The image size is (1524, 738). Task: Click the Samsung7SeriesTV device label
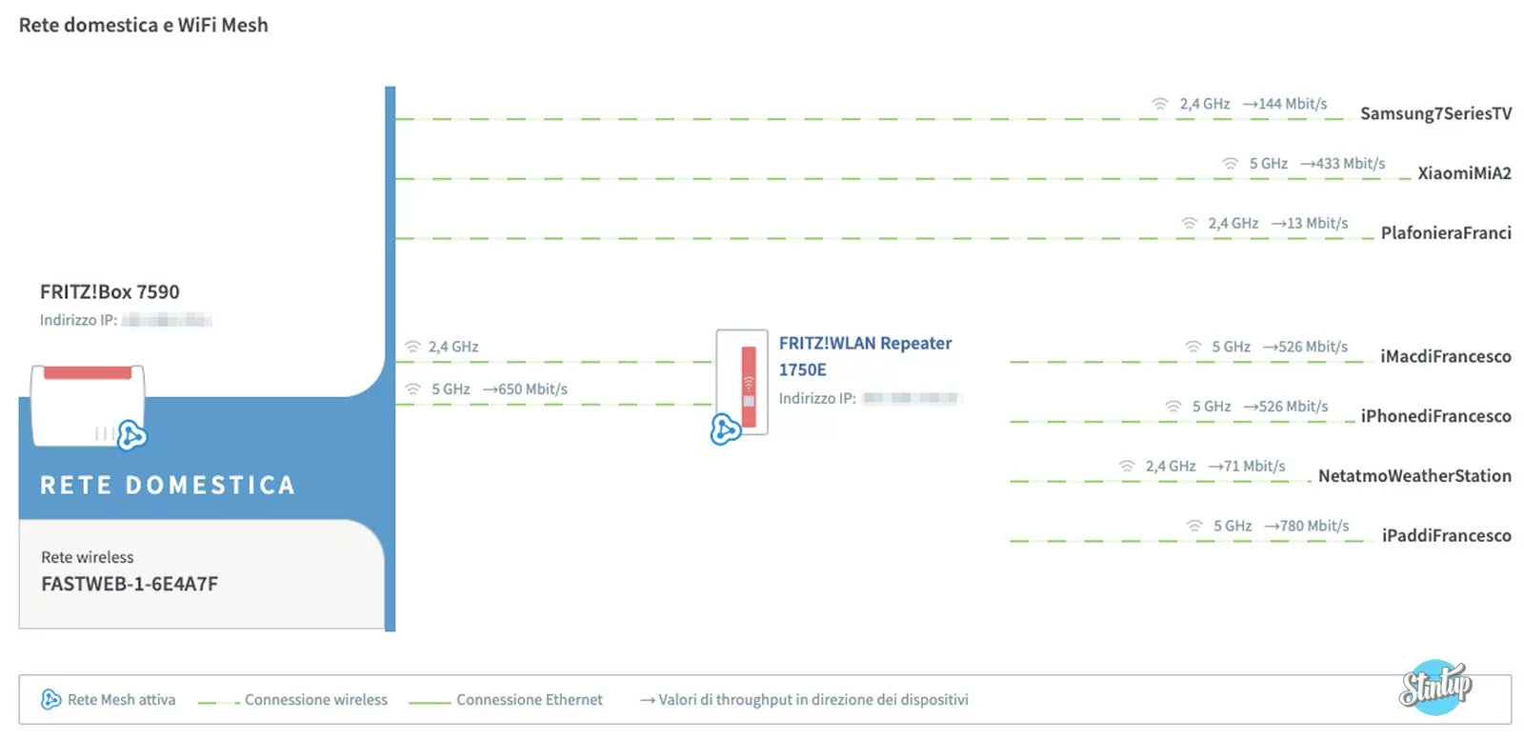click(x=1434, y=113)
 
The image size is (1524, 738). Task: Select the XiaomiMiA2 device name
click(x=1464, y=172)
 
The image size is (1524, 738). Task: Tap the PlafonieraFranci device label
click(x=1445, y=232)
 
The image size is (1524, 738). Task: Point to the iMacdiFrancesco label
click(x=1445, y=356)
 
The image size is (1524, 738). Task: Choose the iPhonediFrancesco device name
click(x=1435, y=416)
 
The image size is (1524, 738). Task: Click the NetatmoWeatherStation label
click(x=1414, y=475)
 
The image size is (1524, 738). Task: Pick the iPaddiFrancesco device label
click(x=1446, y=535)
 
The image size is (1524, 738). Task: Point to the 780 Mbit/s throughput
click(x=1313, y=526)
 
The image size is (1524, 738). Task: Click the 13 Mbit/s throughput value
click(x=1316, y=223)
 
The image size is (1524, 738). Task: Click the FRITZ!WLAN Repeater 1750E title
click(x=865, y=355)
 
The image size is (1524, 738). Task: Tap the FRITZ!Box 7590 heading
click(x=110, y=291)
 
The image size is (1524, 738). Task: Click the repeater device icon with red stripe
click(x=743, y=383)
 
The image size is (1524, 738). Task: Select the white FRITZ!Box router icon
click(x=88, y=405)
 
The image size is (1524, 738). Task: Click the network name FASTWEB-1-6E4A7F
click(x=130, y=584)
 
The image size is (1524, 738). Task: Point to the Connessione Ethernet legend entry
click(x=529, y=700)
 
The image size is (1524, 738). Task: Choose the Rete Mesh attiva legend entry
click(x=120, y=700)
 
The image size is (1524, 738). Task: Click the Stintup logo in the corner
click(x=1434, y=686)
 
